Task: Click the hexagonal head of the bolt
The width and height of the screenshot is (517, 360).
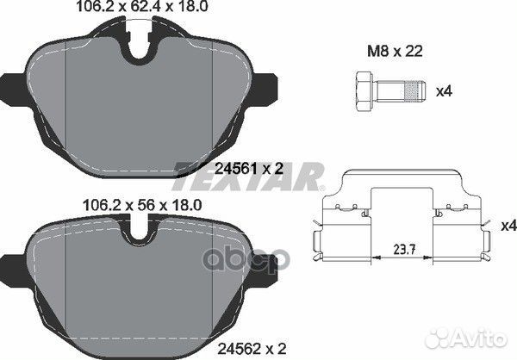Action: pyautogui.click(x=360, y=90)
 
